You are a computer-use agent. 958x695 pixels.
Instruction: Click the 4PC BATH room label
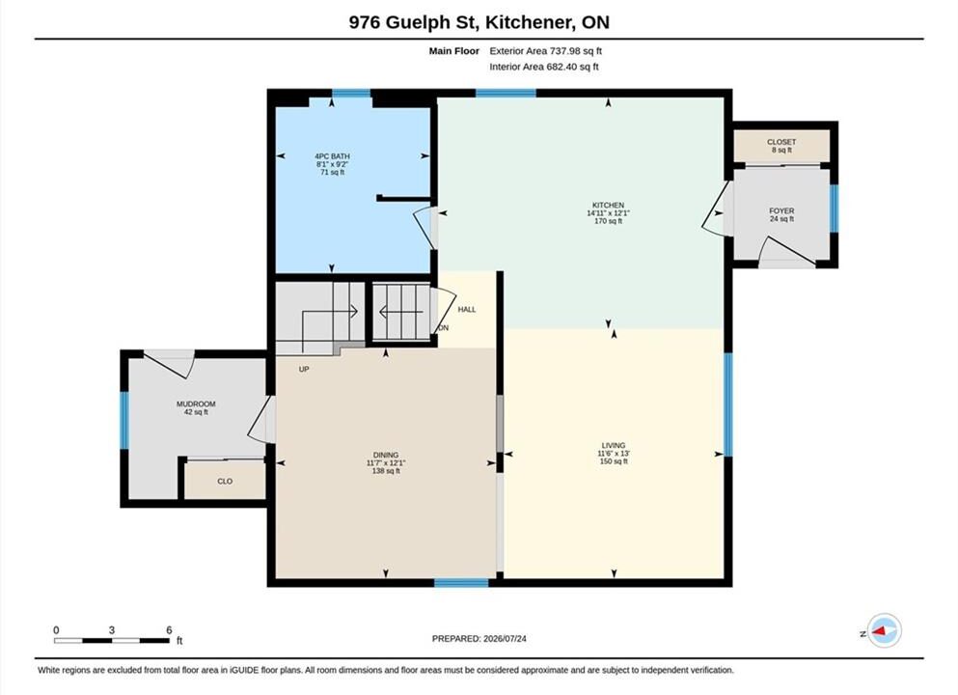coord(333,156)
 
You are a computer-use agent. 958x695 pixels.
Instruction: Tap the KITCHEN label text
coord(608,206)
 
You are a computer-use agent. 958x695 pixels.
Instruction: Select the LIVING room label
coord(614,446)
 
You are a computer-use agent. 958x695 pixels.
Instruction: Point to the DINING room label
coord(386,455)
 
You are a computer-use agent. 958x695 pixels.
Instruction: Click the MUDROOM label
coord(196,404)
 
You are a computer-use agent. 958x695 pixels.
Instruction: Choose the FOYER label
coord(781,210)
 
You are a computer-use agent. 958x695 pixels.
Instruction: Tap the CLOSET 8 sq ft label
coord(781,146)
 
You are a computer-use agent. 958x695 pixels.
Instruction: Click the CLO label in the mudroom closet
coord(225,481)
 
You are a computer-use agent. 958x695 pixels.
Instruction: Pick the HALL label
coord(467,309)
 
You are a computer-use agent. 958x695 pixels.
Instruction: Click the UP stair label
coord(304,369)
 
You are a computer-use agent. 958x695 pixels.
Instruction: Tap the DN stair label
coord(444,328)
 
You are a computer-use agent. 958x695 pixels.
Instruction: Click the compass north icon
coord(884,631)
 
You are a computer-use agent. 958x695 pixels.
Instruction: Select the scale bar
coord(112,641)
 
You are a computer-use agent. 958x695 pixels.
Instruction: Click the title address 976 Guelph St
coord(414,22)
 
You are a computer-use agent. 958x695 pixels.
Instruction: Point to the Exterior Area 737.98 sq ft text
coord(546,51)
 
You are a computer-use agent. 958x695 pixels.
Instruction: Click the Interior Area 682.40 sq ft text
coord(544,67)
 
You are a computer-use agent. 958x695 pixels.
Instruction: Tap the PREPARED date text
coord(479,639)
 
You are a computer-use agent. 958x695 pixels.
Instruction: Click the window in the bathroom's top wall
coord(351,94)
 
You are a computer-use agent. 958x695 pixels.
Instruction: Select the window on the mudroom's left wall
coord(124,421)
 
